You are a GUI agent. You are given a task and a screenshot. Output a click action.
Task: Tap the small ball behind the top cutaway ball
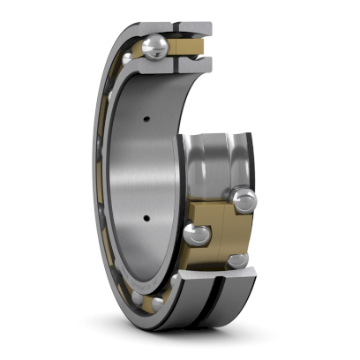coord(130,58)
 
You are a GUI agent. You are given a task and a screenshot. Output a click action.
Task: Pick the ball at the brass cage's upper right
coord(244,199)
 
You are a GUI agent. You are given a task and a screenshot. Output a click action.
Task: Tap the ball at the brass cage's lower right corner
coord(238,260)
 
